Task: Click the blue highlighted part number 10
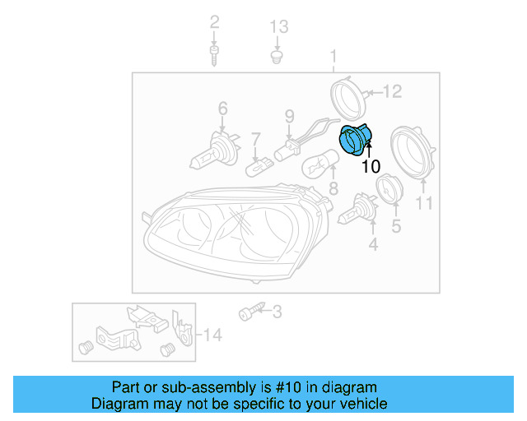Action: click(356, 138)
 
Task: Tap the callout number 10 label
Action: click(371, 166)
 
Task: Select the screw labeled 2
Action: click(214, 56)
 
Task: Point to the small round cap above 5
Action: click(387, 188)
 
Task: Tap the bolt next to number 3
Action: click(250, 312)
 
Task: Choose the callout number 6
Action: click(222, 108)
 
